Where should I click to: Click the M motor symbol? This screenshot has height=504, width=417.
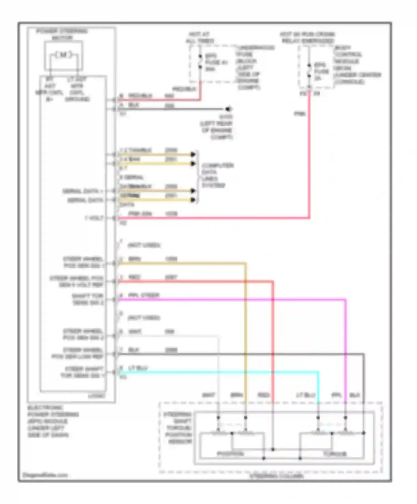tap(63, 55)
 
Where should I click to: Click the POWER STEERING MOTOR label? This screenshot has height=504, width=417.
tap(62, 34)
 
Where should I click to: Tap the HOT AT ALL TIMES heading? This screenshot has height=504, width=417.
tap(199, 38)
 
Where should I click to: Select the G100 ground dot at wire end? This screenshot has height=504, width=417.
tap(228, 109)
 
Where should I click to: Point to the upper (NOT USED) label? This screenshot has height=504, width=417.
tap(144, 245)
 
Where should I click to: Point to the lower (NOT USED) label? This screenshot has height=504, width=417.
tap(144, 318)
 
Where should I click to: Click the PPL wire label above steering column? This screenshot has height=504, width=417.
tap(336, 395)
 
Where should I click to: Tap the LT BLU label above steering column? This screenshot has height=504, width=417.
tap(306, 395)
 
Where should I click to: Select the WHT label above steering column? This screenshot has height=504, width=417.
tap(209, 395)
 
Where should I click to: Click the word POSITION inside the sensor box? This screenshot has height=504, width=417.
tap(230, 454)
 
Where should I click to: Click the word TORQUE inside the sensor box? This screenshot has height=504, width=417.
tap(335, 454)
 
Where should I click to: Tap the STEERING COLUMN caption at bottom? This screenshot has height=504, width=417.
tap(276, 476)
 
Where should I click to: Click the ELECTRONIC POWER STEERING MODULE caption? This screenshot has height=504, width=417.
tap(53, 421)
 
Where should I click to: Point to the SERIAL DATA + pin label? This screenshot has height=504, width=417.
tap(83, 191)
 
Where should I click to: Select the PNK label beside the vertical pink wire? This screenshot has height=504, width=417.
tap(300, 114)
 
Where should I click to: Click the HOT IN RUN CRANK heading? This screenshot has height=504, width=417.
tap(307, 38)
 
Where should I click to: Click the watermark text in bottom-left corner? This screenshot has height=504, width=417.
tap(45, 475)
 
